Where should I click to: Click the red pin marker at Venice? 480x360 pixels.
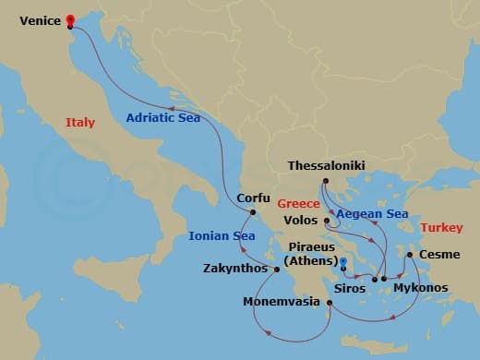(70, 20)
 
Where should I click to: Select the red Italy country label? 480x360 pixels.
(80, 123)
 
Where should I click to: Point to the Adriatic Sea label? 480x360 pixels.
(162, 117)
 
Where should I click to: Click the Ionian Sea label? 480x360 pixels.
(222, 235)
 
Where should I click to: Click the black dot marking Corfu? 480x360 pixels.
(247, 211)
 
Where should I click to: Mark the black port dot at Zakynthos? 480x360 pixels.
(275, 269)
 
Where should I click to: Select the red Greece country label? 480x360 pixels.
(273, 199)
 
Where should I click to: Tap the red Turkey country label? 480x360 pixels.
(440, 227)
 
